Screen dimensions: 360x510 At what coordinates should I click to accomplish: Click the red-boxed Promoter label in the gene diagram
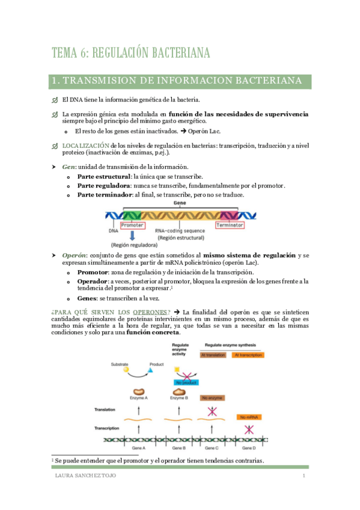tap(132, 225)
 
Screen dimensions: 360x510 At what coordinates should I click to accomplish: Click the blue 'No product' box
tap(186, 382)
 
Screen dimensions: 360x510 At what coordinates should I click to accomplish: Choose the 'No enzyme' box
tap(212, 398)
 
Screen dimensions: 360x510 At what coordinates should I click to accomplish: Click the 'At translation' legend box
tap(213, 355)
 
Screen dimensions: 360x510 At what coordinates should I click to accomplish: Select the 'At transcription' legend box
tap(248, 355)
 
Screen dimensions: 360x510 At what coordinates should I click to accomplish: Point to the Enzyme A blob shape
tap(138, 392)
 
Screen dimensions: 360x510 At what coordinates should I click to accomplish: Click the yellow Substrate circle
tap(126, 369)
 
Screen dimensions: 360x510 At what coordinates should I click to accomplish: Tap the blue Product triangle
tap(150, 370)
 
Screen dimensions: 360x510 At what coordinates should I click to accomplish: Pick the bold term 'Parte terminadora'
tap(103, 195)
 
